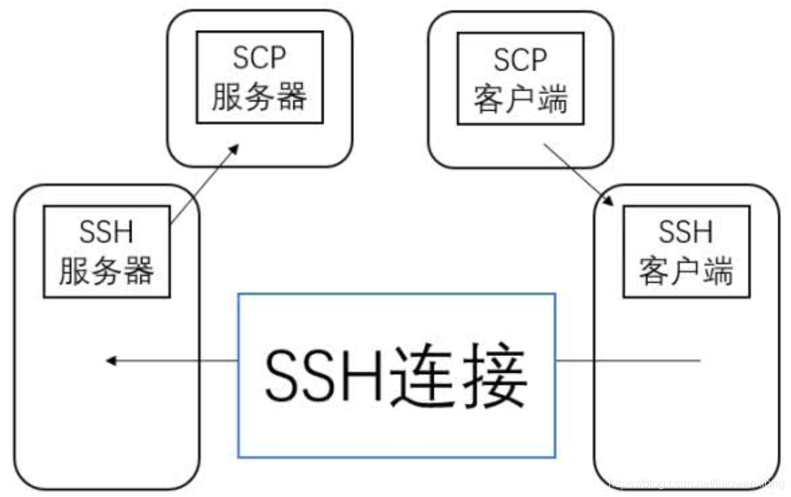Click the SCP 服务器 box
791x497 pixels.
coord(260,77)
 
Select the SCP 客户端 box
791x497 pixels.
coord(520,77)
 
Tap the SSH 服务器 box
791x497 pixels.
coord(106,251)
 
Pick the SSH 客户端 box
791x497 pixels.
coord(686,251)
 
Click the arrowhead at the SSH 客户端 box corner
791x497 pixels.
coord(610,203)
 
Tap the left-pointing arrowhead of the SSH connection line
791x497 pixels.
coord(112,360)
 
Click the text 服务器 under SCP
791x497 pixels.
coord(260,96)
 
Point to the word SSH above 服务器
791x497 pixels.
coord(106,233)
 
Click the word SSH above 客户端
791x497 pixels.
coord(686,233)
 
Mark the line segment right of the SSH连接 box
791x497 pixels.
coord(628,360)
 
